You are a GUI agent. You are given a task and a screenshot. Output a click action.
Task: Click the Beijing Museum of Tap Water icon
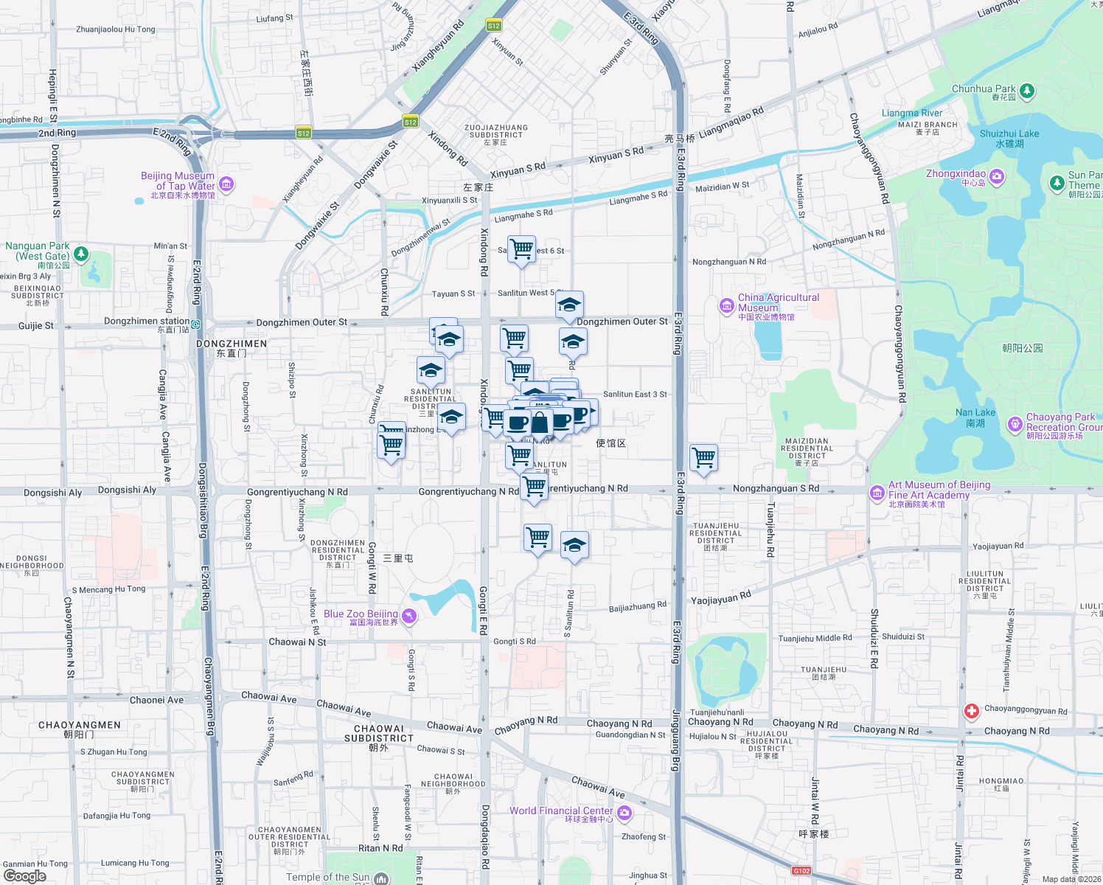tap(226, 184)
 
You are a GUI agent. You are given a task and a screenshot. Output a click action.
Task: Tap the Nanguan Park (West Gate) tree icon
tap(81, 254)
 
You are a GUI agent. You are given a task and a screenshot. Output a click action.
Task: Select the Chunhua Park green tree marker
tap(1026, 91)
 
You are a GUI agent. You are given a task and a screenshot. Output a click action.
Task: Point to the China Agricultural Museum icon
tap(727, 305)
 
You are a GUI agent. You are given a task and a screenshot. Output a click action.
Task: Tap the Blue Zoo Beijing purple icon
tap(409, 616)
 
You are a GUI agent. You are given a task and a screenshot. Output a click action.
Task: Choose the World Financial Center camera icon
tap(624, 813)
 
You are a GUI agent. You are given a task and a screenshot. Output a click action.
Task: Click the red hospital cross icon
tap(971, 711)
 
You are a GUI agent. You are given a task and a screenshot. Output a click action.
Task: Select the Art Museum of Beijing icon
tap(877, 493)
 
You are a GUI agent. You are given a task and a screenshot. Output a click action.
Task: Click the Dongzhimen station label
tap(147, 322)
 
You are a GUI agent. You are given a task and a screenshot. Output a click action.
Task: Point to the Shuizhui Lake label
tap(1009, 134)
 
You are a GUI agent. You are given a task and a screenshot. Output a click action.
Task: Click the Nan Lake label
tap(975, 413)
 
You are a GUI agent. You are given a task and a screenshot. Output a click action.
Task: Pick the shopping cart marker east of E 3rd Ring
tap(703, 457)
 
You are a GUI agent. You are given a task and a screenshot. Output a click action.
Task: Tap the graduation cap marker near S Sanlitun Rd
tap(574, 546)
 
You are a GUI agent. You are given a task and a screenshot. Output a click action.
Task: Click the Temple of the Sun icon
tap(380, 878)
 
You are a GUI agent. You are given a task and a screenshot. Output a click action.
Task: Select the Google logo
tap(24, 876)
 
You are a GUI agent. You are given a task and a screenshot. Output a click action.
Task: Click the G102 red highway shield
tap(801, 871)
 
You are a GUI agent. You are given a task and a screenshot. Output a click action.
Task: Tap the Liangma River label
tap(911, 114)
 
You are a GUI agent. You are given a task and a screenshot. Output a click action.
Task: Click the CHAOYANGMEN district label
tap(79, 725)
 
